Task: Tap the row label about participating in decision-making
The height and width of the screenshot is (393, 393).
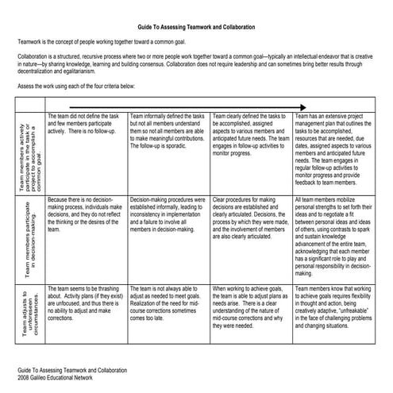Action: click(31, 239)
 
